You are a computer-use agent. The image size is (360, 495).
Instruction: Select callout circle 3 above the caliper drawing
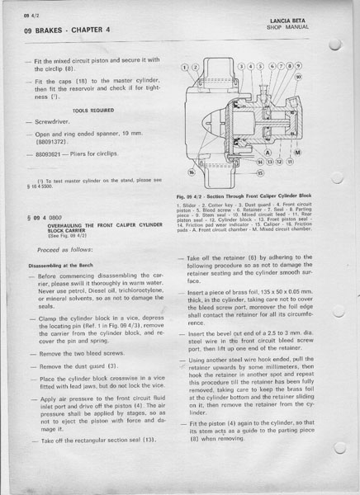240,65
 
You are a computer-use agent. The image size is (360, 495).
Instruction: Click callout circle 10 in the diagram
299,76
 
